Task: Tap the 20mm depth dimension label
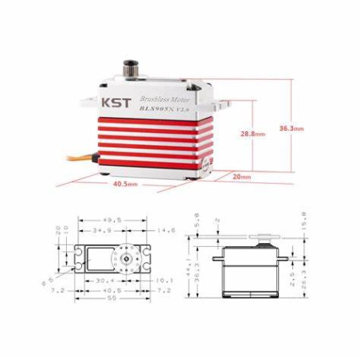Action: click(x=241, y=176)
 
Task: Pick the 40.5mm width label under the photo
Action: click(x=125, y=184)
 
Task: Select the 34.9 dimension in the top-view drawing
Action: click(x=100, y=229)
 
